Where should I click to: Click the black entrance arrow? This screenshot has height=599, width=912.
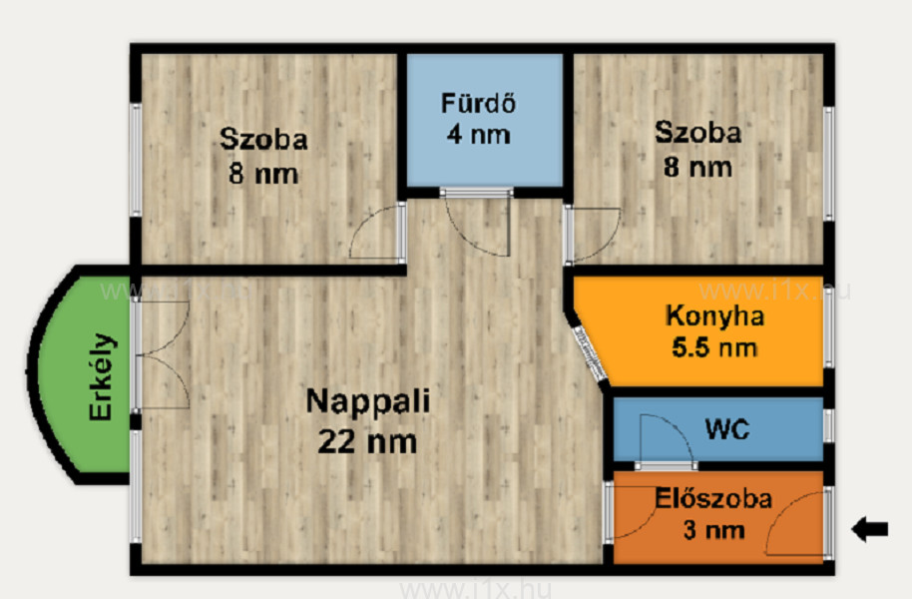869,529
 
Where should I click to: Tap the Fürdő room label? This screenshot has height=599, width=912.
478,104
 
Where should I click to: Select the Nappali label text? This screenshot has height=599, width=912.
367,401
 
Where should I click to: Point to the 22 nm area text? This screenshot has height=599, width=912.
367,442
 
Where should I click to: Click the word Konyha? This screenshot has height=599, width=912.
714,317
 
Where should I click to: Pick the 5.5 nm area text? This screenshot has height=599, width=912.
714,348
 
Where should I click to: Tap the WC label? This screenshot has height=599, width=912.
727,429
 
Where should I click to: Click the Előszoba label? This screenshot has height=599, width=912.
713,499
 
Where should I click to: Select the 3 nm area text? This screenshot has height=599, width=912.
713,530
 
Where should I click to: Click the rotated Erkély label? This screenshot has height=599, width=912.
101,376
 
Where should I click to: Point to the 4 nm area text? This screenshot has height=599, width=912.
478,135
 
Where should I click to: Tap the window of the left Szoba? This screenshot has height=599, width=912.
135,160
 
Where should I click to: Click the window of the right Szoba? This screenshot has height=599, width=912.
829,164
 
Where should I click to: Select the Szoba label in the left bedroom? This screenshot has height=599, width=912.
263,140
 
